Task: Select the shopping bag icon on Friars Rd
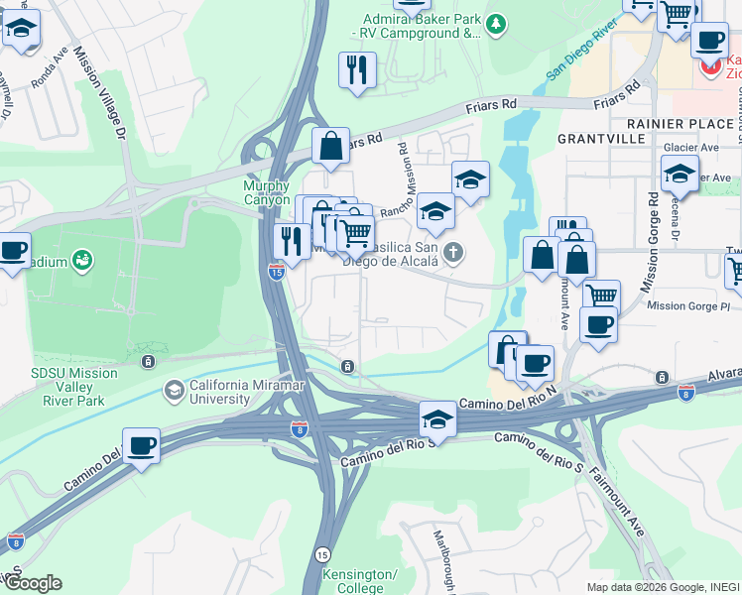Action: coord(330,146)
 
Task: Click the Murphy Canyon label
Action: coord(266,192)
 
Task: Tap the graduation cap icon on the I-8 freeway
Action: coord(436,418)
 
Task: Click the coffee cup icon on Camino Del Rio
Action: coord(141,445)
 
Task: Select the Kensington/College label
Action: coord(360,581)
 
